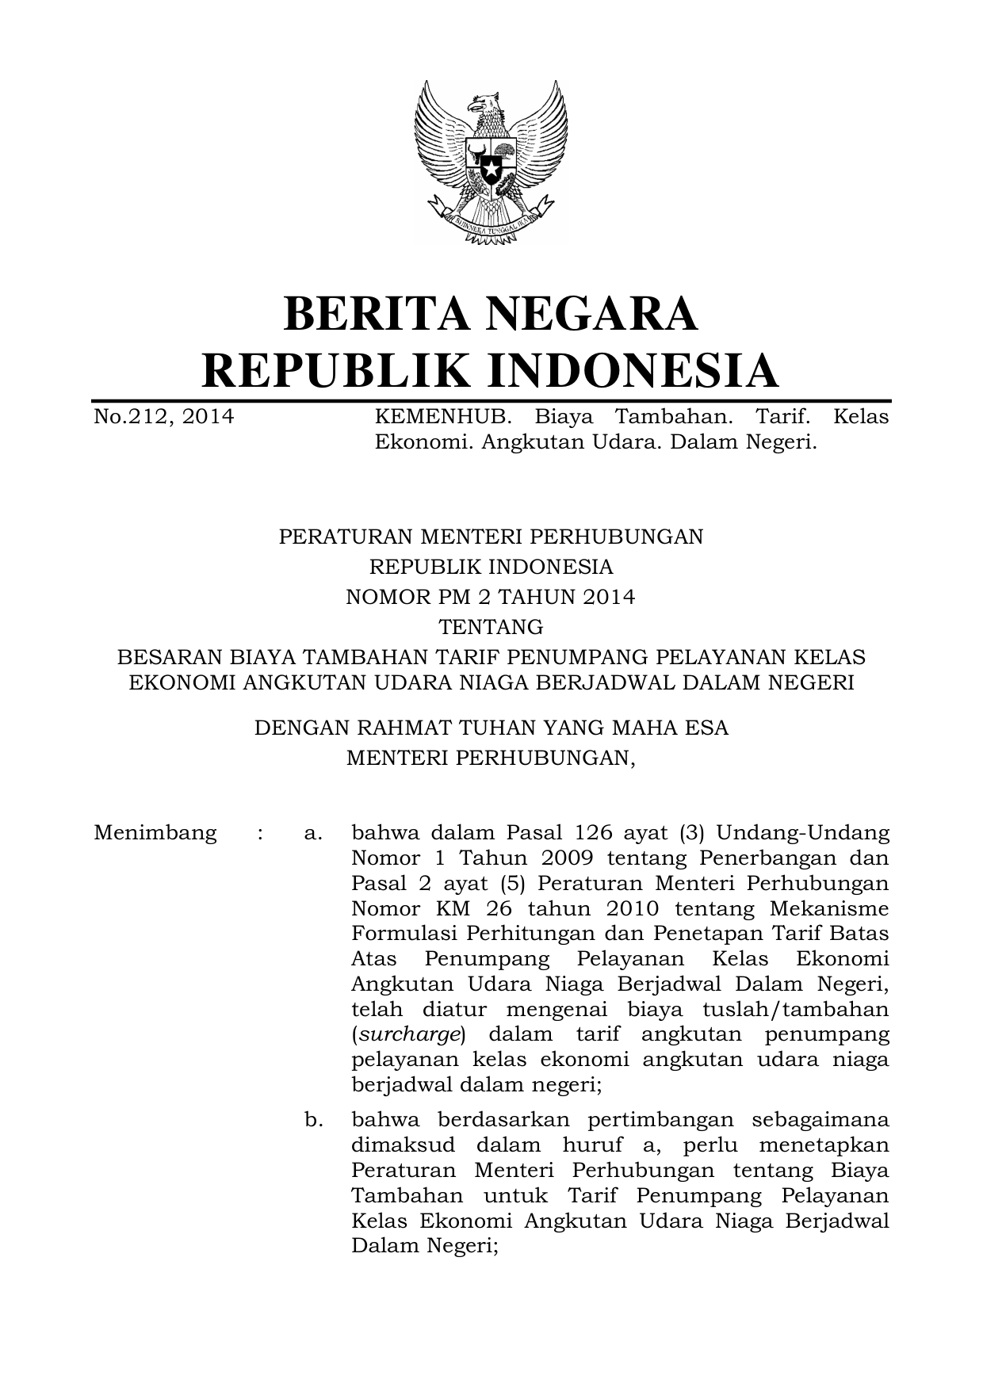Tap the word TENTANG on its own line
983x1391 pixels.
(x=491, y=627)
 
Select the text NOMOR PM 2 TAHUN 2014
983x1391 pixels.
(x=491, y=597)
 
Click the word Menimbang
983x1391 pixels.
(x=155, y=833)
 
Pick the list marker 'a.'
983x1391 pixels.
(x=312, y=833)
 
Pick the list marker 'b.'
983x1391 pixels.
(x=313, y=1120)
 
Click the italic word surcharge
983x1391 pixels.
(x=408, y=1035)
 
